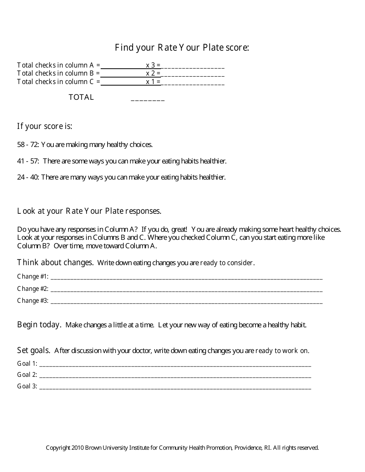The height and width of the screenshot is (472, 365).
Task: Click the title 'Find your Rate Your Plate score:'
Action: coord(182,48)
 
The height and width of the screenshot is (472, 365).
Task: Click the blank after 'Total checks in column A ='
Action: coord(123,66)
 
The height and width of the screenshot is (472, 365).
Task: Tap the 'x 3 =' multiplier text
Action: coord(153,65)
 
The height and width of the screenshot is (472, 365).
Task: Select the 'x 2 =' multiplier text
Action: coord(153,73)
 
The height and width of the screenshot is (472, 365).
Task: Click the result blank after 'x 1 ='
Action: coord(193,83)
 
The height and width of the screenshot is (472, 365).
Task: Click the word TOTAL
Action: coord(81,97)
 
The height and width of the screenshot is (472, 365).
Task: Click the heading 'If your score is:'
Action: coord(45,126)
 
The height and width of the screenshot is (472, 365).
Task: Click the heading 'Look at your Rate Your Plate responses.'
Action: coord(89,211)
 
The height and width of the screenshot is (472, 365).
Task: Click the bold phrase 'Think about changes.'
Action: coord(55,262)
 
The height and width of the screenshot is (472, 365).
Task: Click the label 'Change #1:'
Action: coord(33,276)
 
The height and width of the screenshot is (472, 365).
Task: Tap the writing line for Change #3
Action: coord(186,302)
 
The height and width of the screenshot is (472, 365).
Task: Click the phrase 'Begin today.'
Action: coord(39,325)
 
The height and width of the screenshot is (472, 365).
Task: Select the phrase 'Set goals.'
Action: coord(34,350)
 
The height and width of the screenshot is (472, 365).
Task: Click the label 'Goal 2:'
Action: coord(27,375)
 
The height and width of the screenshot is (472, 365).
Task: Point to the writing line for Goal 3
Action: coord(175,388)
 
